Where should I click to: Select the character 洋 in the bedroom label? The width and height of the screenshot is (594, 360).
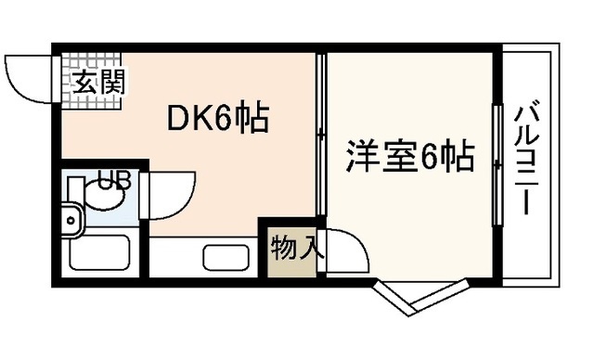[x=364, y=155]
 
